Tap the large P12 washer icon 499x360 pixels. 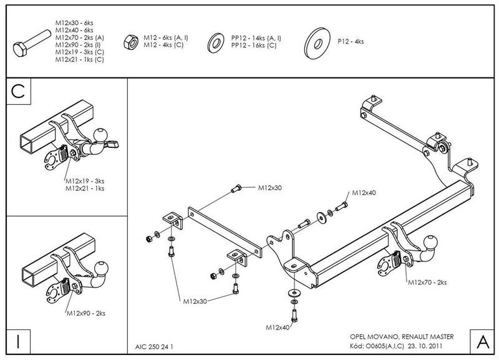(317, 41)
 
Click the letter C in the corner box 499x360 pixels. (19, 92)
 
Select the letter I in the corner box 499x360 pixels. (19, 342)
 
